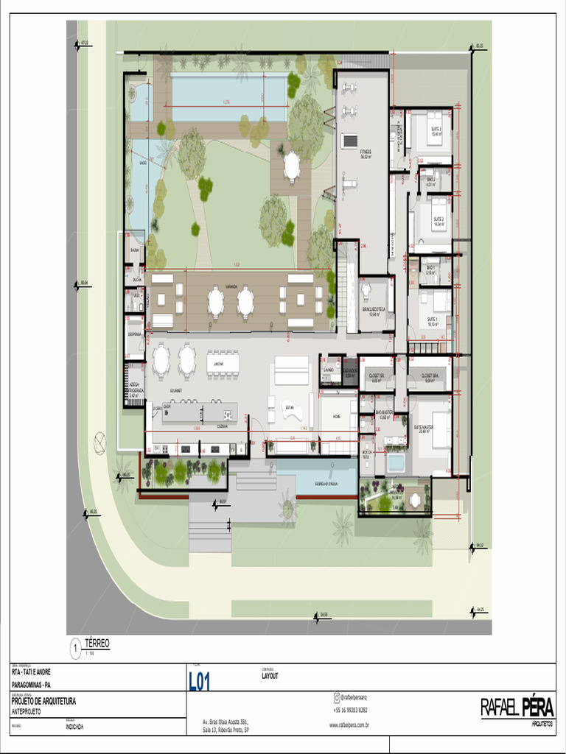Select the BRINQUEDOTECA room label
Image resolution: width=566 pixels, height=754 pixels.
[376, 309]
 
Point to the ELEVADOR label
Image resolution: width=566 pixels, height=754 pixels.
[350, 370]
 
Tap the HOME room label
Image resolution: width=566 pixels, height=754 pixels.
[336, 416]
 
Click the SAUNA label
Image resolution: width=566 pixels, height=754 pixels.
[135, 250]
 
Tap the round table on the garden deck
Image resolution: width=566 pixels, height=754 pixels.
[292, 166]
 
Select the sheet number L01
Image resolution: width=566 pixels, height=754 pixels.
[200, 682]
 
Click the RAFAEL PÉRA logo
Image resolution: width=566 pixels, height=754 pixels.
[516, 708]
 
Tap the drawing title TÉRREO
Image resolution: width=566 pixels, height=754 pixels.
[97, 644]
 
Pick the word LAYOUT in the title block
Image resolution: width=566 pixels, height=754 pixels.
[270, 675]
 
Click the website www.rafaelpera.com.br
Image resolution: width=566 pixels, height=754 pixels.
[349, 725]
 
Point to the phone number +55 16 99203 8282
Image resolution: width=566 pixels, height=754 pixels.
[350, 711]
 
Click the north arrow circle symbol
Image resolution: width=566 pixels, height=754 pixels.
[99, 443]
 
